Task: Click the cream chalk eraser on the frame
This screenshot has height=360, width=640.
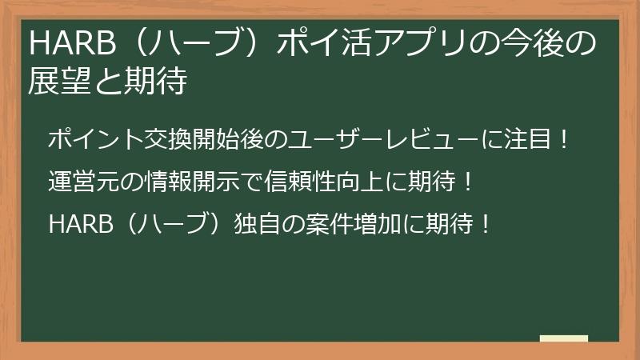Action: [x=563, y=338]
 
